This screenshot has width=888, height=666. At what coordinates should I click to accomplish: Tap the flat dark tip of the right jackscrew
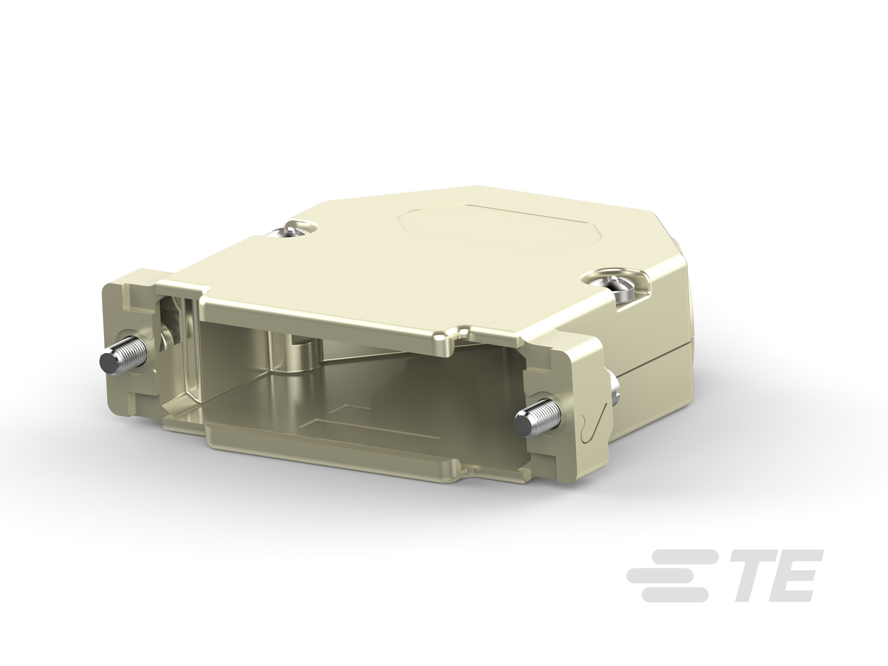[x=522, y=428]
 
